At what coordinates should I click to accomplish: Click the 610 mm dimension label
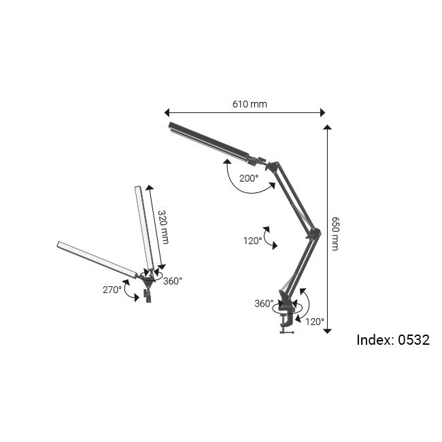[x=250, y=104]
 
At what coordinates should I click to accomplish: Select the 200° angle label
[x=249, y=178]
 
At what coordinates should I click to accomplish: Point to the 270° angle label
[x=112, y=289]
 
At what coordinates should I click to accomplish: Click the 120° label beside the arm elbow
[x=252, y=240]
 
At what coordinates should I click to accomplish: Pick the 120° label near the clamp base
[x=314, y=321]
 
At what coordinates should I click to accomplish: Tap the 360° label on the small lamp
[x=173, y=280]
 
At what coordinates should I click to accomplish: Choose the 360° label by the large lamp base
[x=264, y=303]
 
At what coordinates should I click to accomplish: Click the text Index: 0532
[x=393, y=340]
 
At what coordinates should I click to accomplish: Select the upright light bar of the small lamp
[x=146, y=227]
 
